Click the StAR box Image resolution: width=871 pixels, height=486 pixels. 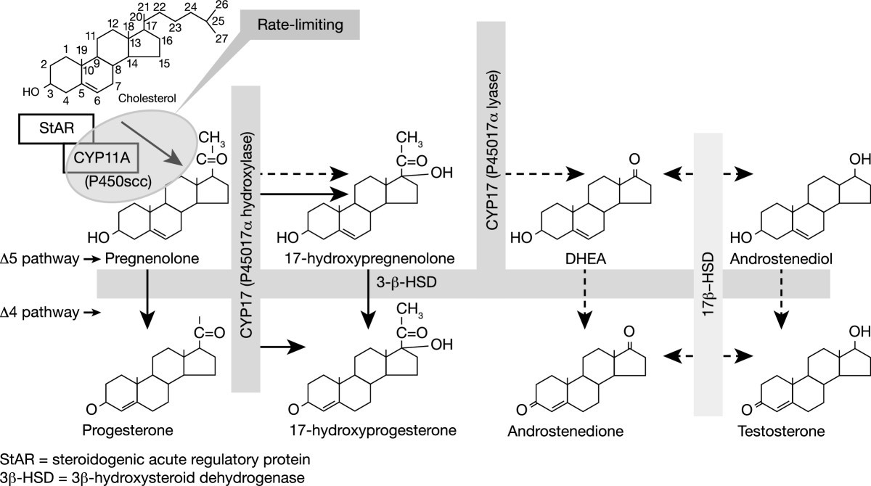pyautogui.click(x=55, y=131)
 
